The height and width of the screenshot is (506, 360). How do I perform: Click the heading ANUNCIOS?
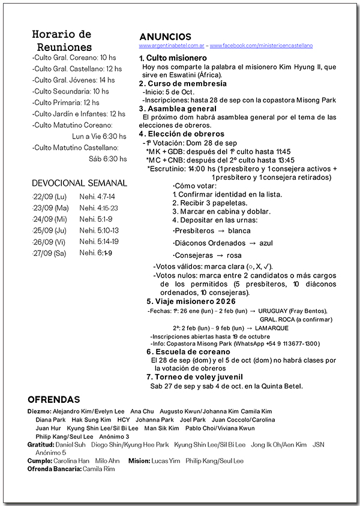(x=165, y=37)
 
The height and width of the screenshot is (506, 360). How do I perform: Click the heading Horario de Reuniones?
(x=62, y=40)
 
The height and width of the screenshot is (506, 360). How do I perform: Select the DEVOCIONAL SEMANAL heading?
(x=80, y=183)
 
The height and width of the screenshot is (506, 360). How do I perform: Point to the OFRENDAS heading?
(x=54, y=399)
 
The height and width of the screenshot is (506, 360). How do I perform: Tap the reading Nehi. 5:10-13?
(x=99, y=230)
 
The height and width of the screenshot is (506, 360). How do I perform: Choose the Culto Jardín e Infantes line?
(x=79, y=113)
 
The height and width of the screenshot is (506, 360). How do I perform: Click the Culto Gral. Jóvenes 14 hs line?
(x=73, y=80)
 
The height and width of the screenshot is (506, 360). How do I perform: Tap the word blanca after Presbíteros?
(x=239, y=230)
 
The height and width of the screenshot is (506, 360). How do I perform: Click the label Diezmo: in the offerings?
(x=40, y=412)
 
